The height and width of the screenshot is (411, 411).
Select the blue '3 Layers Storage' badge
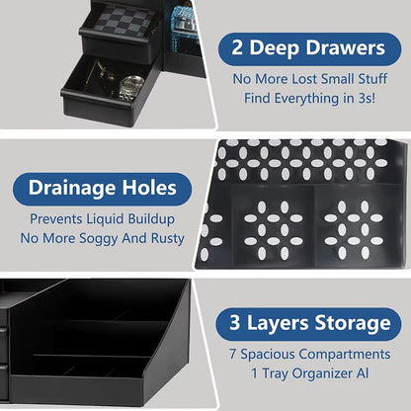pyautogui.click(x=309, y=323)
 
